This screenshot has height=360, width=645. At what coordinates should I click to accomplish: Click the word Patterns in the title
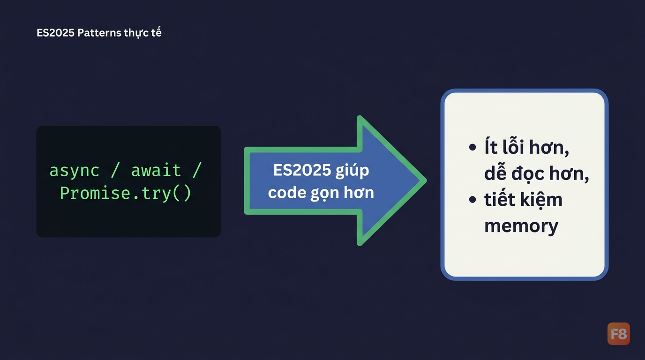(x=99, y=33)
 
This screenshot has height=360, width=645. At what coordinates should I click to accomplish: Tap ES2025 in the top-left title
(x=56, y=33)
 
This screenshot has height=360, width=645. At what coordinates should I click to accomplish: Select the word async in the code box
(x=74, y=170)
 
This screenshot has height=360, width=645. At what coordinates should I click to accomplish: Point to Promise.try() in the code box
(x=126, y=193)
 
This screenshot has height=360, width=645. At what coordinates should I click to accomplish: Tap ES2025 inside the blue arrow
(x=302, y=170)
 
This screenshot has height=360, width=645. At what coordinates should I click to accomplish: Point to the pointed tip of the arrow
(x=426, y=180)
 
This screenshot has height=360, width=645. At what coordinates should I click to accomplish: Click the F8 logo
(x=618, y=334)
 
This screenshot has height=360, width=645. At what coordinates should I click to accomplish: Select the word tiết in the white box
(x=500, y=199)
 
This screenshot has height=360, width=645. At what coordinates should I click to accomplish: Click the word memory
(x=521, y=226)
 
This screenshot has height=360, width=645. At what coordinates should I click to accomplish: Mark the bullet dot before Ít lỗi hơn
(x=472, y=147)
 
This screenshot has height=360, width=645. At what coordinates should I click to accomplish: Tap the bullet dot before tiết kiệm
(x=472, y=199)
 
